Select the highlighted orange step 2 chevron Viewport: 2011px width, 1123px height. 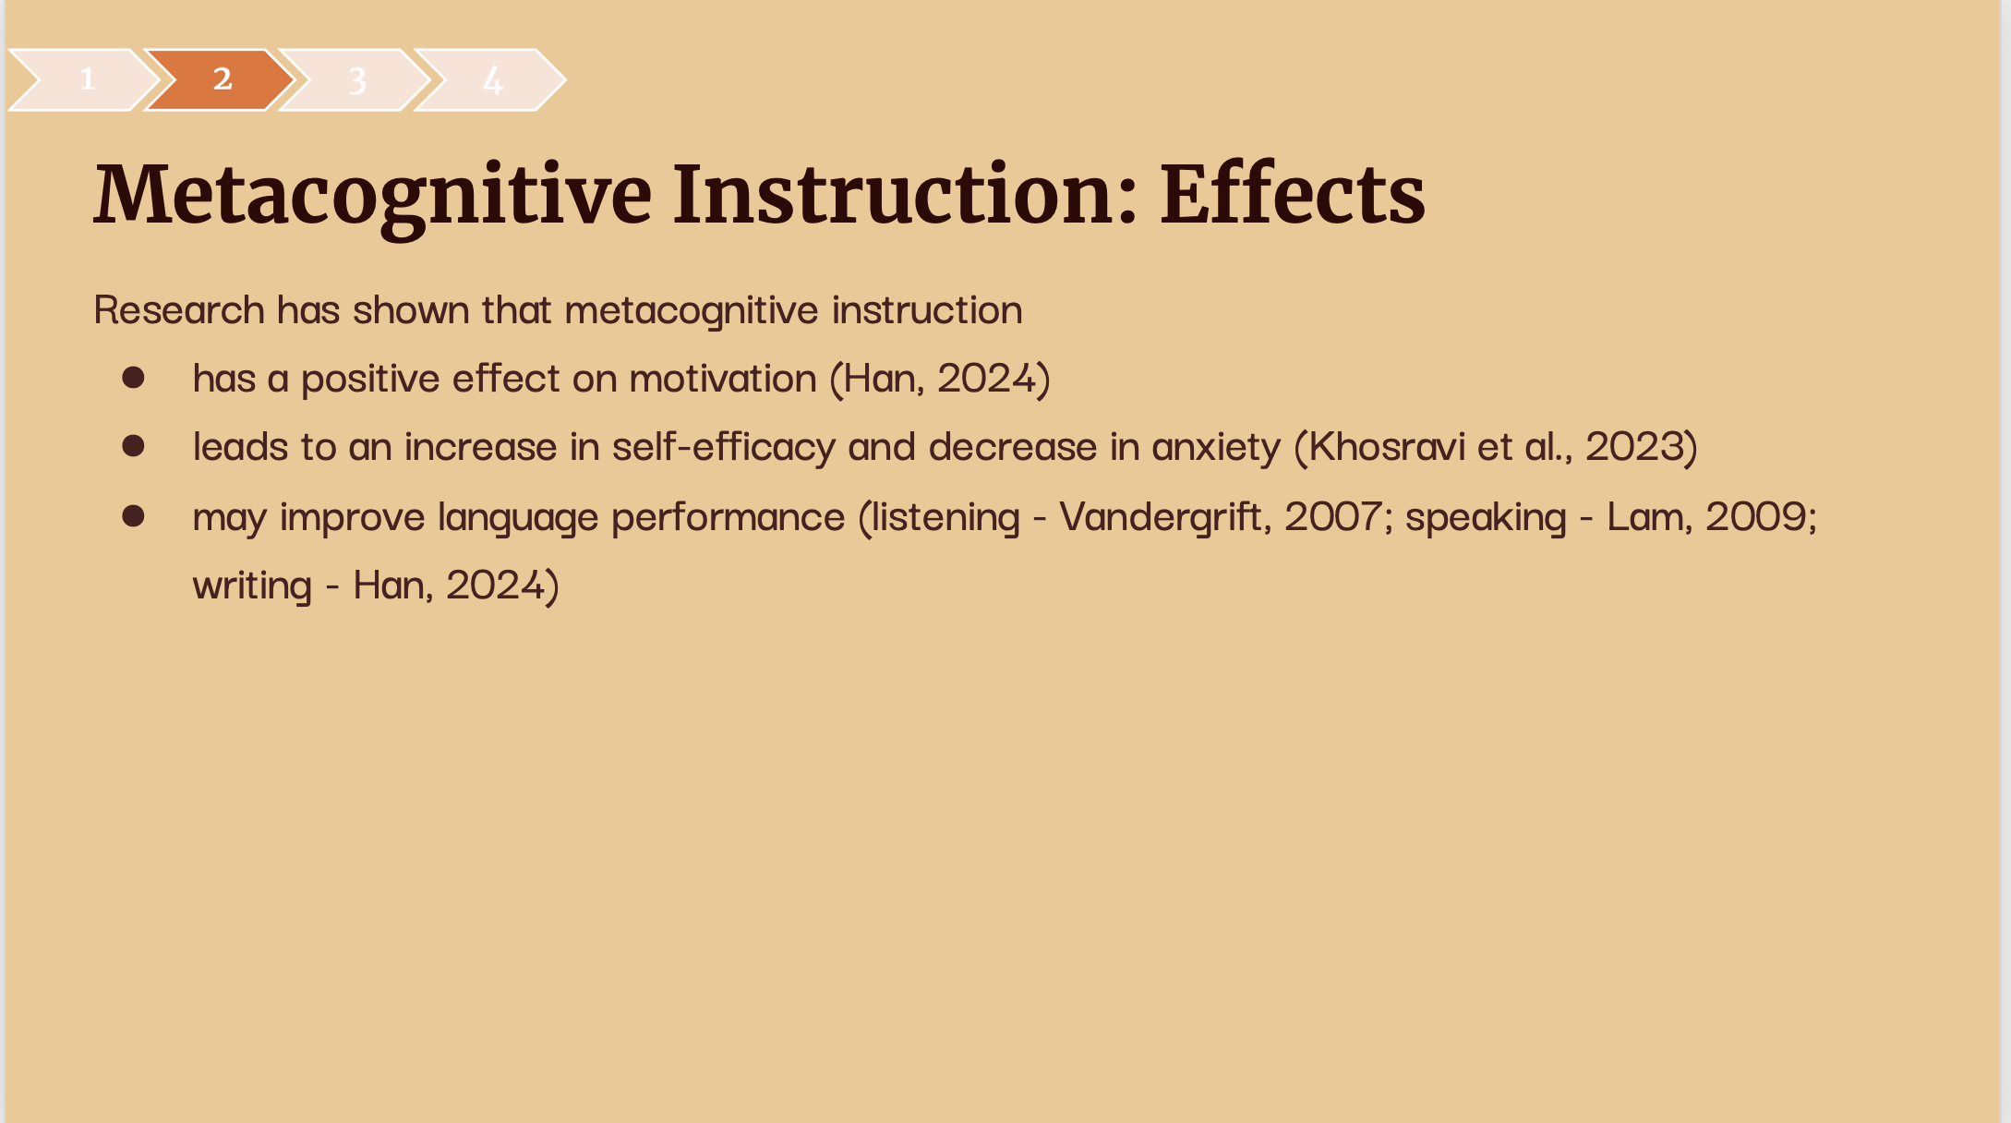[x=221, y=79]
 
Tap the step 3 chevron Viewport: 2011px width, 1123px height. [x=355, y=79]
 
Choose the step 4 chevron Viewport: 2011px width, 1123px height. [x=490, y=79]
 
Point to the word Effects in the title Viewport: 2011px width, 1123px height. [x=1293, y=194]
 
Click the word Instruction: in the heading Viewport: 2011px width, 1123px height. [x=906, y=194]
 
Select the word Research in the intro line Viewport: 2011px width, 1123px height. [x=179, y=309]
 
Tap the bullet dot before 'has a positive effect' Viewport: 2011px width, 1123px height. [x=134, y=377]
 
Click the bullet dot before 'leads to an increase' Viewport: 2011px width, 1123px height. [x=134, y=446]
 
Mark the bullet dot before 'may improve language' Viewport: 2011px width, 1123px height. [x=134, y=515]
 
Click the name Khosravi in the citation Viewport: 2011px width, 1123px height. [x=1387, y=447]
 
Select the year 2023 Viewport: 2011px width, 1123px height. [x=1635, y=447]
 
